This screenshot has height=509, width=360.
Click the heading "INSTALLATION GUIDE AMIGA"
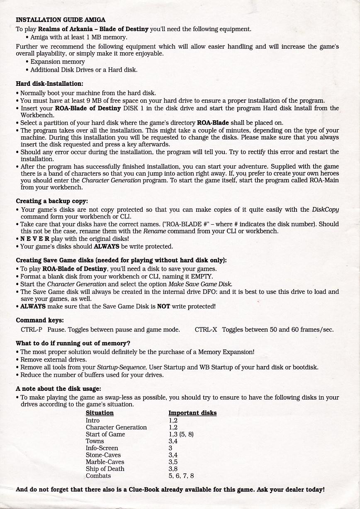click(x=61, y=19)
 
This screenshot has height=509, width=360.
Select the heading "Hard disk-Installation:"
click(x=49, y=83)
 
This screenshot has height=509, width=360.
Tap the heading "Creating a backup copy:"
click(x=52, y=201)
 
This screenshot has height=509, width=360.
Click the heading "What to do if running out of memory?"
click(x=73, y=343)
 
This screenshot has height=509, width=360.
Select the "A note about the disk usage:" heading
click(x=58, y=389)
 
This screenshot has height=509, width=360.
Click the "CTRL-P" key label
click(x=32, y=330)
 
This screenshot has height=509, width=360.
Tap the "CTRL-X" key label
click(x=206, y=330)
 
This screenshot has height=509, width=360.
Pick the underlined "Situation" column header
click(x=100, y=413)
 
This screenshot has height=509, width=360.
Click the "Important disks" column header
click(x=192, y=413)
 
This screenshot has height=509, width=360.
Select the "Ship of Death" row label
click(x=105, y=469)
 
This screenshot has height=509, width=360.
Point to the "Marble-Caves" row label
click(x=105, y=462)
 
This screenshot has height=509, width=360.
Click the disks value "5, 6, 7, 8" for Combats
click(x=181, y=476)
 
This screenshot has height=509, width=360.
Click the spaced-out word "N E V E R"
click(x=35, y=239)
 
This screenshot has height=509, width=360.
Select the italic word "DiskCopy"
click(x=326, y=210)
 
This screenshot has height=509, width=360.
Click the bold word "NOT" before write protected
click(x=164, y=307)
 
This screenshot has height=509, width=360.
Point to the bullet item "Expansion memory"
click(x=58, y=62)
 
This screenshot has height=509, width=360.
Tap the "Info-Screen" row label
click(x=102, y=448)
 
